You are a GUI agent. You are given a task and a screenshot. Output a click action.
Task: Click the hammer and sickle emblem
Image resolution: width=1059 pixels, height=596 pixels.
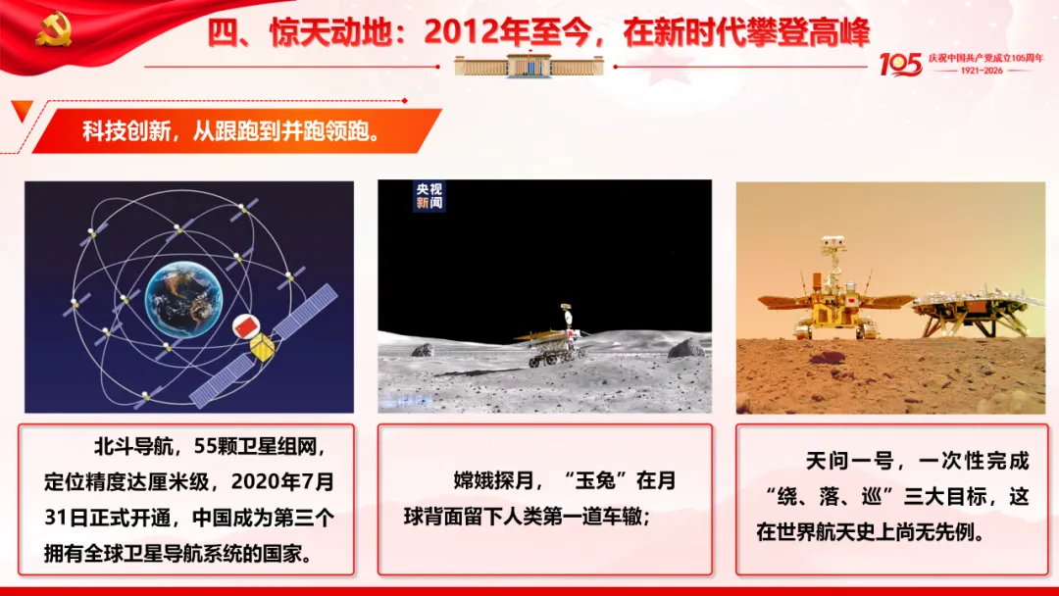[x=53, y=29]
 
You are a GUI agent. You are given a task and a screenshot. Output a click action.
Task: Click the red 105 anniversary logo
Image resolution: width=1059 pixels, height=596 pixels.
[x=900, y=65]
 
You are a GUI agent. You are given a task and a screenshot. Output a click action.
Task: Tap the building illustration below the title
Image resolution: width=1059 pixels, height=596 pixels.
[x=529, y=66]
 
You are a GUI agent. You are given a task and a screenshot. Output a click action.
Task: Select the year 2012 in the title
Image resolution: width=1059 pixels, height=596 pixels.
[x=459, y=31]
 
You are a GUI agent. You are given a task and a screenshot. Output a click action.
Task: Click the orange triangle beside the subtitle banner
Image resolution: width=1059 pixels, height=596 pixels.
[x=22, y=110]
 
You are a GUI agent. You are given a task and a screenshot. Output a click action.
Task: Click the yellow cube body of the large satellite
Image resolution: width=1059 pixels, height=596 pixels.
[x=262, y=348]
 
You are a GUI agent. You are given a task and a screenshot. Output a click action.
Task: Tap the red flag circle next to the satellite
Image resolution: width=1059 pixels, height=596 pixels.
[x=245, y=326]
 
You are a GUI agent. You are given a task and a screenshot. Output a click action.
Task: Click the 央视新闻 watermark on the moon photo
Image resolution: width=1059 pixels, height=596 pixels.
[x=429, y=196]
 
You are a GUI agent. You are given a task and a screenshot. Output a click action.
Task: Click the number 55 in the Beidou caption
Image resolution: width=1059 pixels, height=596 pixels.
[x=205, y=446]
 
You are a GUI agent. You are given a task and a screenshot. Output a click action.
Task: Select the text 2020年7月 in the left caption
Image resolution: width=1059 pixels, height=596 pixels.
[x=282, y=482]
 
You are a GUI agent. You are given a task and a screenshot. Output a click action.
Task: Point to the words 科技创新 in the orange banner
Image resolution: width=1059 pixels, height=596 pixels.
[x=126, y=131]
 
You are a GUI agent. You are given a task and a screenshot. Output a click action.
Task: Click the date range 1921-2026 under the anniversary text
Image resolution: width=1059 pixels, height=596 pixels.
[x=982, y=71]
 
